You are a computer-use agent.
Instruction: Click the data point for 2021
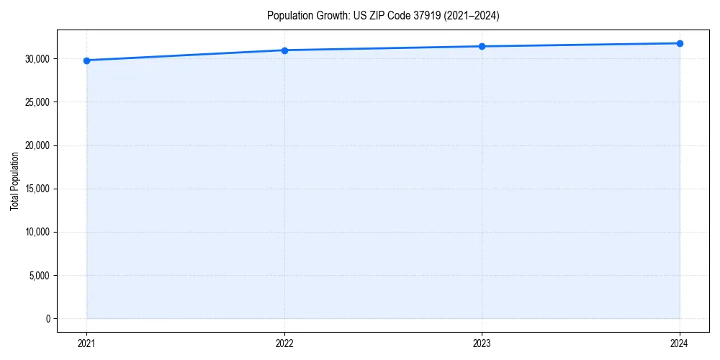click(x=86, y=60)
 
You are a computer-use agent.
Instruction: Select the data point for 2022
click(x=284, y=50)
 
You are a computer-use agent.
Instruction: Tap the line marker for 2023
click(x=482, y=46)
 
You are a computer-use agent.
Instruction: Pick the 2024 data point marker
click(x=680, y=43)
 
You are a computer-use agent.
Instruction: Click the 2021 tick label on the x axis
click(x=86, y=343)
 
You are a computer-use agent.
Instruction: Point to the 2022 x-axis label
click(x=284, y=343)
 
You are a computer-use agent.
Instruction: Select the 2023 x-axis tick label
click(x=482, y=343)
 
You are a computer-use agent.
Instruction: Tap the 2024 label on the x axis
click(x=680, y=343)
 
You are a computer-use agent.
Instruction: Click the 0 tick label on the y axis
click(x=48, y=319)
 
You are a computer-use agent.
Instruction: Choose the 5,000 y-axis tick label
click(x=40, y=276)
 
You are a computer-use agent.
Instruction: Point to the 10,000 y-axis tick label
click(x=38, y=233)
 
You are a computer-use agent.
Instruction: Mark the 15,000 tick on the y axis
click(x=38, y=189)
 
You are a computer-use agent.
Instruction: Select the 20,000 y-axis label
click(x=38, y=145)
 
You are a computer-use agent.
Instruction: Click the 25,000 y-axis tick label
click(x=38, y=102)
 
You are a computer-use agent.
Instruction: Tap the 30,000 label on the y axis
click(x=38, y=59)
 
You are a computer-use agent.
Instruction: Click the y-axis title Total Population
click(x=14, y=181)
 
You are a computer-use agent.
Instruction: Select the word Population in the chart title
click(x=288, y=15)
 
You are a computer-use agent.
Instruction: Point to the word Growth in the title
click(x=330, y=15)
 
